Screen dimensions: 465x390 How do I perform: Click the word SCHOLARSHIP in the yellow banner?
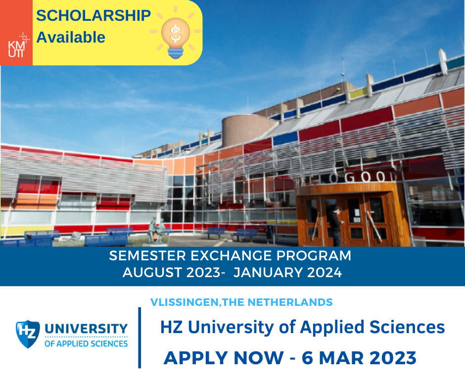click(x=93, y=15)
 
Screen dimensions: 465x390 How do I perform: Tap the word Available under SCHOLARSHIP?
click(x=71, y=38)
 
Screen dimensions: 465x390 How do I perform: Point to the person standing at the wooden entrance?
click(x=336, y=226)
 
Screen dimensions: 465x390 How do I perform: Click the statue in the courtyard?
click(x=156, y=230)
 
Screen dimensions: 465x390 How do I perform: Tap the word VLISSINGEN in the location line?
click(x=185, y=302)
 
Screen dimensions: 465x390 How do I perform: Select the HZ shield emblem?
click(x=28, y=334)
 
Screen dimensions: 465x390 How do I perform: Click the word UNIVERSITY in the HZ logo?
click(x=86, y=329)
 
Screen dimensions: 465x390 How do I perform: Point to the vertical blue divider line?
click(x=139, y=338)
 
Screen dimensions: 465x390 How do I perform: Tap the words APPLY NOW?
click(x=224, y=358)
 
